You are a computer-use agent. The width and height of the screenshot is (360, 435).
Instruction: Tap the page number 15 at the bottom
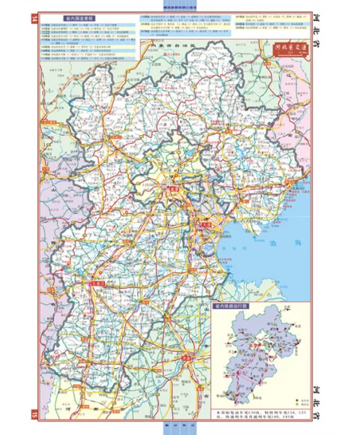pyautogui.click(x=33, y=415)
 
